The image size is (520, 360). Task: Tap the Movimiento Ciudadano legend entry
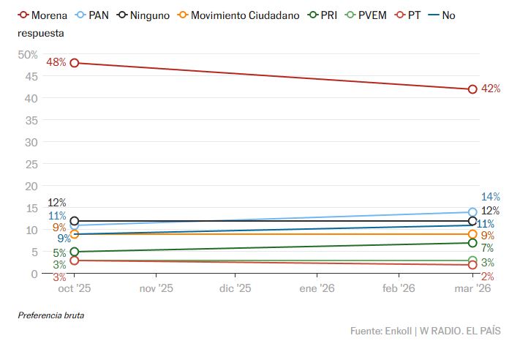point(244,15)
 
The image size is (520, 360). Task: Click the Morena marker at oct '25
point(74,63)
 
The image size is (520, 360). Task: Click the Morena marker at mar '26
point(472,89)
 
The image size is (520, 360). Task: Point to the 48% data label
point(56,63)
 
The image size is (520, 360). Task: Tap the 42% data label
point(491,89)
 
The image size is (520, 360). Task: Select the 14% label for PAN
point(491,197)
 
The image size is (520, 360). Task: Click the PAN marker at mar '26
point(472,212)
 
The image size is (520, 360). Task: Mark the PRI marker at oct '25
point(74,252)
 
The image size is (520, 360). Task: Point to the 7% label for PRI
point(487,249)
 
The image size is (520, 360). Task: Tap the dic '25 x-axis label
point(235,288)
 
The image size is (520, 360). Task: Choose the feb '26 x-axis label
point(399,288)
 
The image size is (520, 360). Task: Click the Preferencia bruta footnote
point(51,315)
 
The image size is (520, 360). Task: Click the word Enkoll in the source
point(399,331)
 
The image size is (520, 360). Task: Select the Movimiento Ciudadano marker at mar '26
point(472,234)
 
